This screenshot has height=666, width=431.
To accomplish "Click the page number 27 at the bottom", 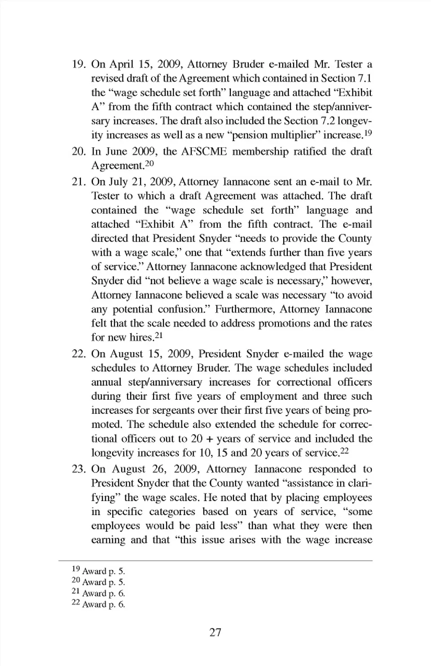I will tap(215, 632).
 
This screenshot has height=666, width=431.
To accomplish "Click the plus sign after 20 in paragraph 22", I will tap(210, 439).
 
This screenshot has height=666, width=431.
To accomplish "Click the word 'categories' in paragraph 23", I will tap(172, 512).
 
